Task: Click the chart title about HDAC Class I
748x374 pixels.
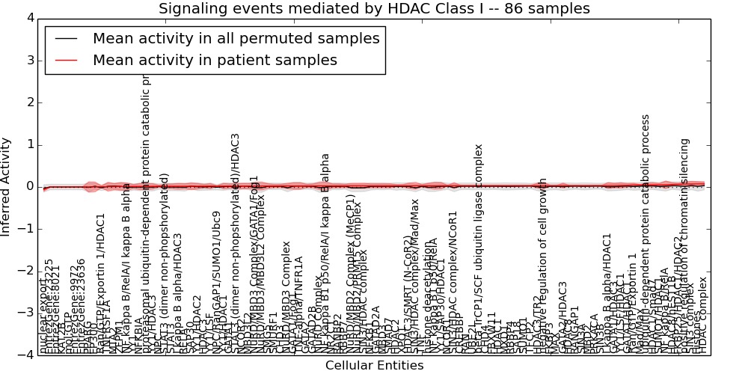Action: point(374,9)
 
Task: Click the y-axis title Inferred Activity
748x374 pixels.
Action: point(7,186)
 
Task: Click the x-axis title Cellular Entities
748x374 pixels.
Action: point(374,366)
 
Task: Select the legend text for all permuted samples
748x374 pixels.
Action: point(236,39)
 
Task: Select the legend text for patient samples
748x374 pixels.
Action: point(215,60)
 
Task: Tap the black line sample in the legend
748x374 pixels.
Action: point(66,39)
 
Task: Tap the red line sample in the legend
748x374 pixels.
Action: point(66,60)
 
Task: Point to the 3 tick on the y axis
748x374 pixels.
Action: point(28,60)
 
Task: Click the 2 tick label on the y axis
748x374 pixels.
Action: point(28,102)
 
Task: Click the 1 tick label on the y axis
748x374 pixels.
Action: point(28,144)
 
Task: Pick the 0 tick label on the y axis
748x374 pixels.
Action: point(28,187)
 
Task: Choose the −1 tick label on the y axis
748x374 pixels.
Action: point(25,229)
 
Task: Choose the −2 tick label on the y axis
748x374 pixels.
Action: point(25,272)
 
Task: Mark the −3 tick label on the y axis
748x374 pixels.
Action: point(25,313)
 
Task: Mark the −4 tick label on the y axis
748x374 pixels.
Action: point(25,356)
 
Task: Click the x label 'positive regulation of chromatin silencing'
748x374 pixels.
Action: point(684,247)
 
